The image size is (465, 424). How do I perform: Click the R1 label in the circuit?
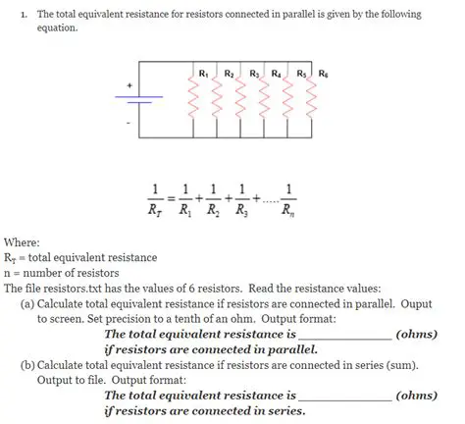(203, 74)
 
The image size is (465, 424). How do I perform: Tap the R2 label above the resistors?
(228, 74)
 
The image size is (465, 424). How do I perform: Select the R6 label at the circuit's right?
(324, 74)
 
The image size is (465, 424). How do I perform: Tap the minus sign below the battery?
(127, 123)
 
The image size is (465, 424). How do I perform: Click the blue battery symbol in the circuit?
(142, 100)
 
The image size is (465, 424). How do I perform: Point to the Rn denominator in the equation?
(284, 208)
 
